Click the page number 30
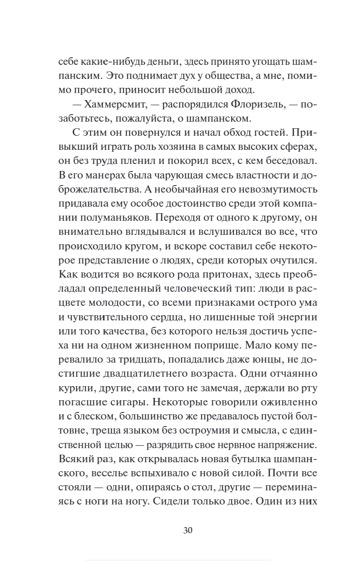188,531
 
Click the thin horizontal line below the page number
179,560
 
